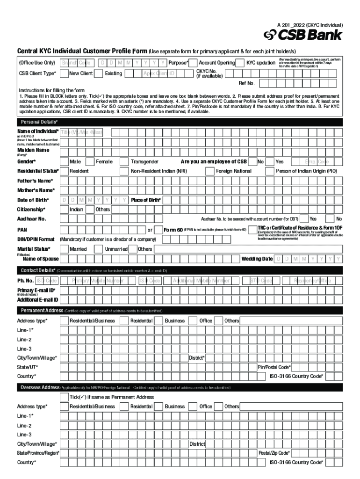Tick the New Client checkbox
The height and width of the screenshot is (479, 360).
point(65,73)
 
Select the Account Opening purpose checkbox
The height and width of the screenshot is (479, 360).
point(193,63)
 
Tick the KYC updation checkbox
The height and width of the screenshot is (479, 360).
point(241,63)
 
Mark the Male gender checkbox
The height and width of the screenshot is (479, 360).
point(65,161)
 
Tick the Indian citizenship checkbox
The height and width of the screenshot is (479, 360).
point(65,210)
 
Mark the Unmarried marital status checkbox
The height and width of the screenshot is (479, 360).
point(99,249)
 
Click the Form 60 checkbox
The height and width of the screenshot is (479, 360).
point(158,230)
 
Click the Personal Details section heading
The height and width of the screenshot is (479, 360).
point(39,122)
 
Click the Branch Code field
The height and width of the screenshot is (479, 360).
point(77,63)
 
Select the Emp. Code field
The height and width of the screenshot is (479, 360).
point(317,161)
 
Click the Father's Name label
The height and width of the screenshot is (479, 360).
point(35,181)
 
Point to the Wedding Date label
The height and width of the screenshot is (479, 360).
point(257,259)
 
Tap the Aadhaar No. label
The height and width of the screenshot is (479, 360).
point(31,219)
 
